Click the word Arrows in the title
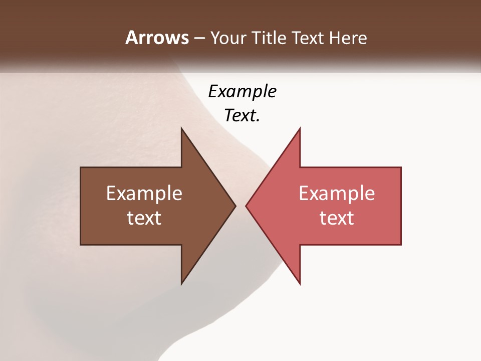(x=156, y=38)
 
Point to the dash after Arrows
(x=199, y=38)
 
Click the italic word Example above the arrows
(x=243, y=91)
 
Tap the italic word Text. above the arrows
(x=243, y=116)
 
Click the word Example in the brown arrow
(x=144, y=194)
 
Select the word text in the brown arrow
(x=144, y=218)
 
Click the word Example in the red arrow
(x=337, y=194)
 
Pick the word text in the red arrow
(x=337, y=218)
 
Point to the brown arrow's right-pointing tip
(x=235, y=206)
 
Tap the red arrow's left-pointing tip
(x=246, y=206)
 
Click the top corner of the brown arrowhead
(x=181, y=128)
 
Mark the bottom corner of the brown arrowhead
(x=181, y=284)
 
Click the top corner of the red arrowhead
(x=300, y=128)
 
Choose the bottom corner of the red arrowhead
(x=300, y=284)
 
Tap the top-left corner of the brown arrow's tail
(x=81, y=167)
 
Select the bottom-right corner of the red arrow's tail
(x=401, y=244)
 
